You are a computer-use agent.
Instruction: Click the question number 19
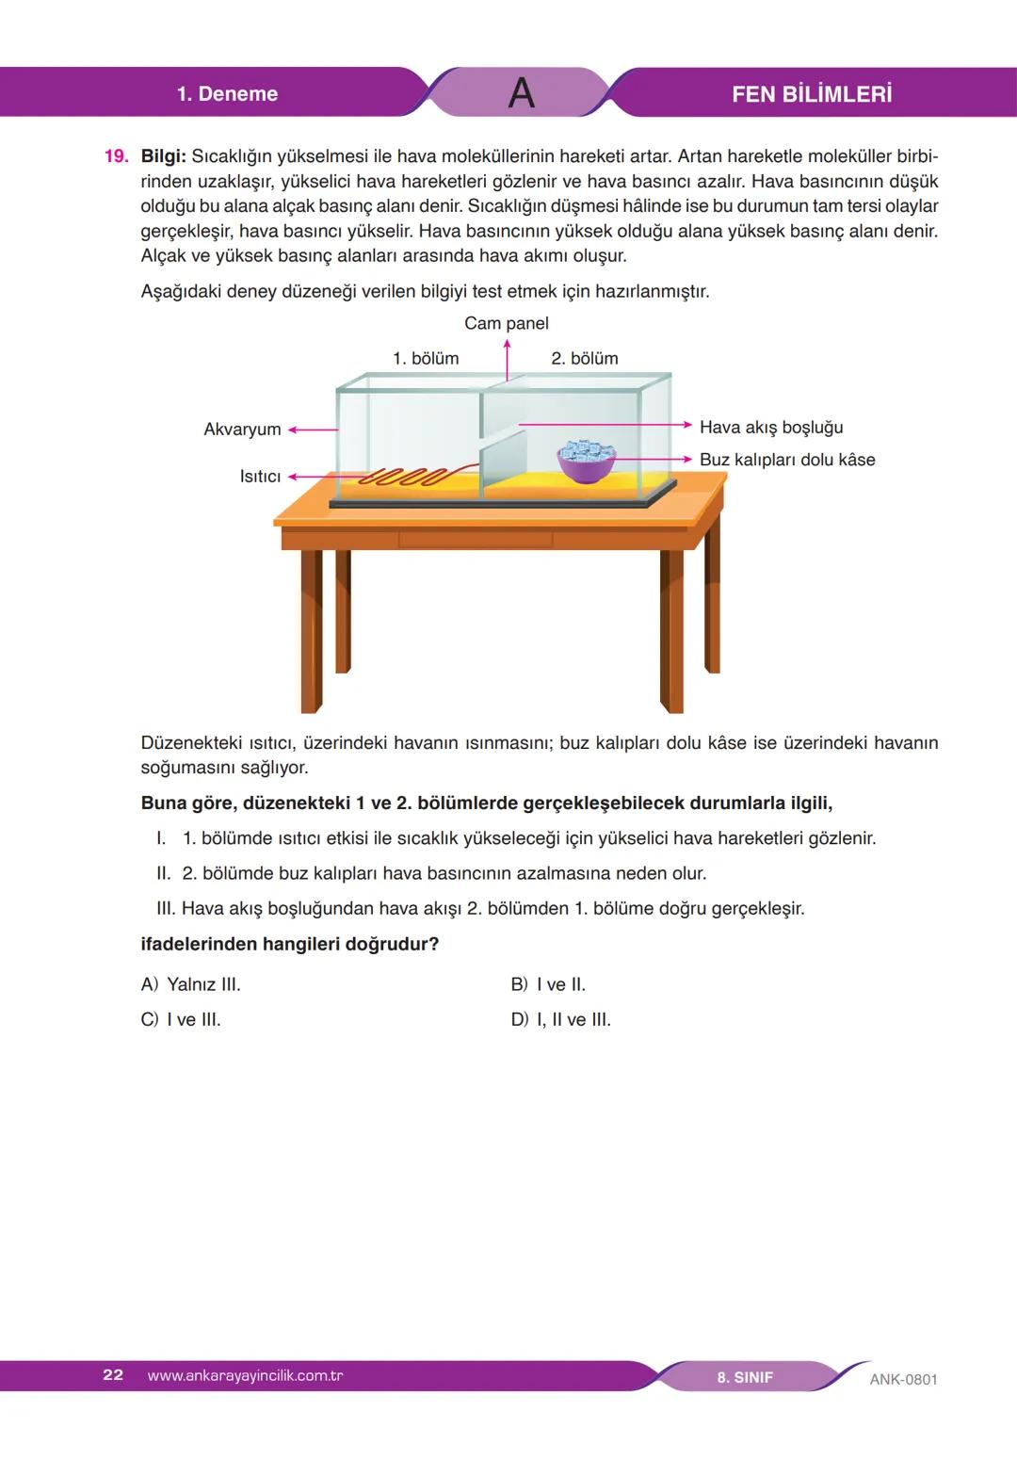point(115,156)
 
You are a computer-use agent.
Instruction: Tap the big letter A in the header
point(521,93)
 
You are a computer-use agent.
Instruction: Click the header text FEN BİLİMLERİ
point(811,94)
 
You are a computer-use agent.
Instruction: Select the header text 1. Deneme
point(227,94)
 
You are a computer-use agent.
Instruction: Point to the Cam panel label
point(506,323)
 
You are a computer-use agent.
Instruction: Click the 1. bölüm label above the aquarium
point(426,358)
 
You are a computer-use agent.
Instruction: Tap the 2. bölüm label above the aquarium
point(584,358)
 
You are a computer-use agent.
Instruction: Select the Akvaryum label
point(242,430)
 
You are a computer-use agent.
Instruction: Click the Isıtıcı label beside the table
point(260,477)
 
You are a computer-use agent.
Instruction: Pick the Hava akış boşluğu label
point(770,428)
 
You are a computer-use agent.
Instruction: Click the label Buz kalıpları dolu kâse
point(786,460)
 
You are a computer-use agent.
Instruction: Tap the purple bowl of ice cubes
point(586,462)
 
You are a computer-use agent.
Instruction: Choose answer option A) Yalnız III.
point(190,984)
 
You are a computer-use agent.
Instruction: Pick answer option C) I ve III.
point(181,1019)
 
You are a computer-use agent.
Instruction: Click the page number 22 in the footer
point(113,1375)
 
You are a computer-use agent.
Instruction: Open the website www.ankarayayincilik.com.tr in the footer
point(245,1375)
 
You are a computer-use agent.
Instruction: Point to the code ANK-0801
point(903,1379)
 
